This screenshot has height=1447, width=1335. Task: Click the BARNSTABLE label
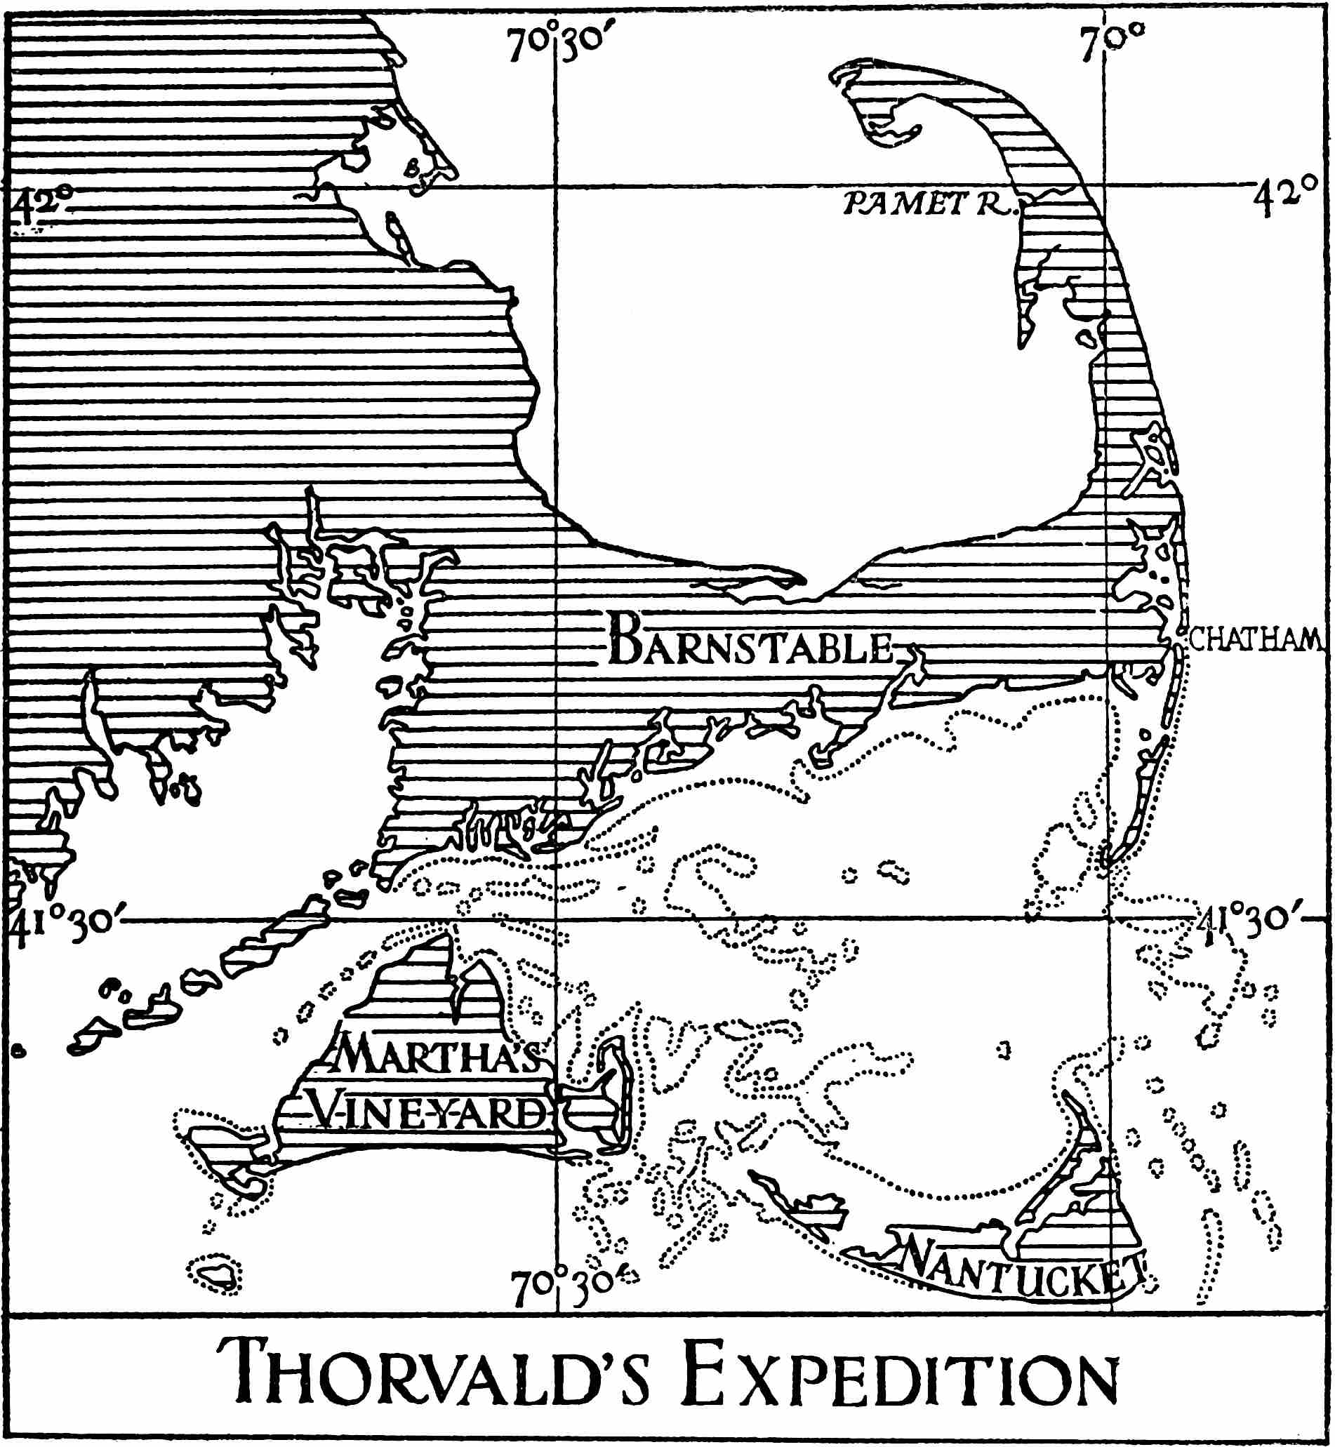(751, 641)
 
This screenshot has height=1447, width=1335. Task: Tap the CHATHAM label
(1256, 639)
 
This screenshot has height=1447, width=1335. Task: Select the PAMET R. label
(929, 204)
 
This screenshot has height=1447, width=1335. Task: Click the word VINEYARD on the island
(429, 1112)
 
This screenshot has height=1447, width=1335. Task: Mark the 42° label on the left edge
(42, 203)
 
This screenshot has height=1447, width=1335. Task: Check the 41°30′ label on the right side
(1251, 921)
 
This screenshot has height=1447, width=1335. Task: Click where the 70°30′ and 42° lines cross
(554, 187)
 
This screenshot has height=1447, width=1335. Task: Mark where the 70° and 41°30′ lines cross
(1109, 919)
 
